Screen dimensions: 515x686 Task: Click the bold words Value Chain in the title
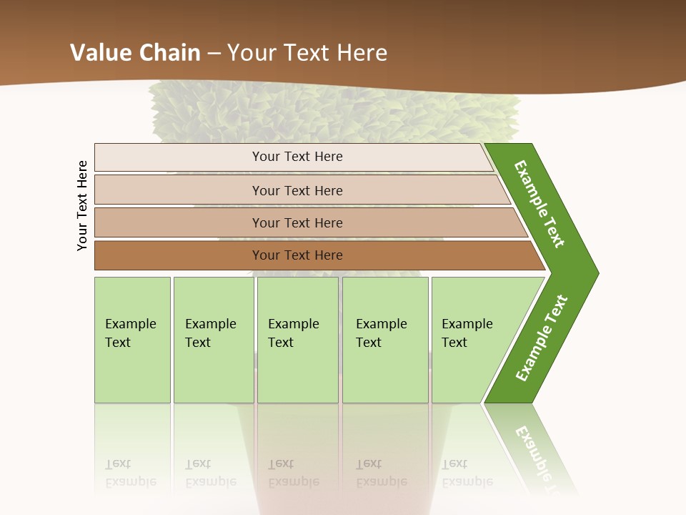pos(135,53)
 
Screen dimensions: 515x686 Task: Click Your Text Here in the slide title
pos(307,53)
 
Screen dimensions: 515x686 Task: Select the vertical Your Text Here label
pos(82,205)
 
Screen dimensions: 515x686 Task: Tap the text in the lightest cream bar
pos(297,157)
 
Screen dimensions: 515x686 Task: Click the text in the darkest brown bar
pos(297,255)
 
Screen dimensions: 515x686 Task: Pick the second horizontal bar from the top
pos(297,190)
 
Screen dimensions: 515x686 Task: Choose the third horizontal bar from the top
pos(297,222)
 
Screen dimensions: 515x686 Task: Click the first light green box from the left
pos(132,340)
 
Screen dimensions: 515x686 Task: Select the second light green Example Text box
pos(214,340)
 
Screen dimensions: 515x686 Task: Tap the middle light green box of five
pos(297,340)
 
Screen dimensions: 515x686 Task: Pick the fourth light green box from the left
pos(385,340)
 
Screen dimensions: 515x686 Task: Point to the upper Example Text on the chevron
pos(540,204)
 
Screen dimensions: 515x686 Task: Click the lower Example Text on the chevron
pos(541,338)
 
